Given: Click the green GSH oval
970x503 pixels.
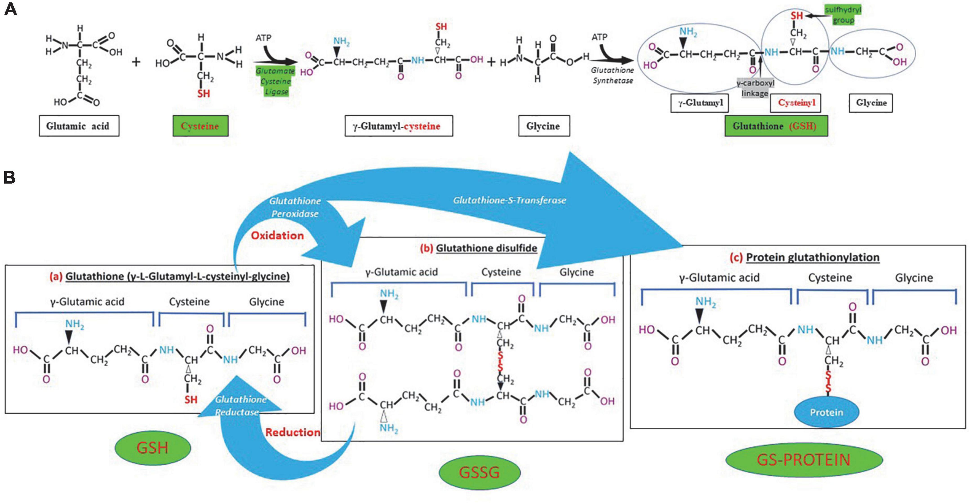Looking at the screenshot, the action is tap(153, 448).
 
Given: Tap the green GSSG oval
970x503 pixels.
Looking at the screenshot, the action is tap(479, 472).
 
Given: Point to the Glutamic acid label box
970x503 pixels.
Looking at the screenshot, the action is tap(79, 126).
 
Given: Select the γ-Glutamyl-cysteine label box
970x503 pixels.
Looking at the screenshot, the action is tap(399, 126).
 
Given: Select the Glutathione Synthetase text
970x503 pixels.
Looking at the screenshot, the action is tap(612, 75).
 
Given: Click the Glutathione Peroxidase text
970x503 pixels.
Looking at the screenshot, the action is tap(295, 207).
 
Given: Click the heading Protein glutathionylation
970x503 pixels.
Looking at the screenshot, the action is tap(812, 257).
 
